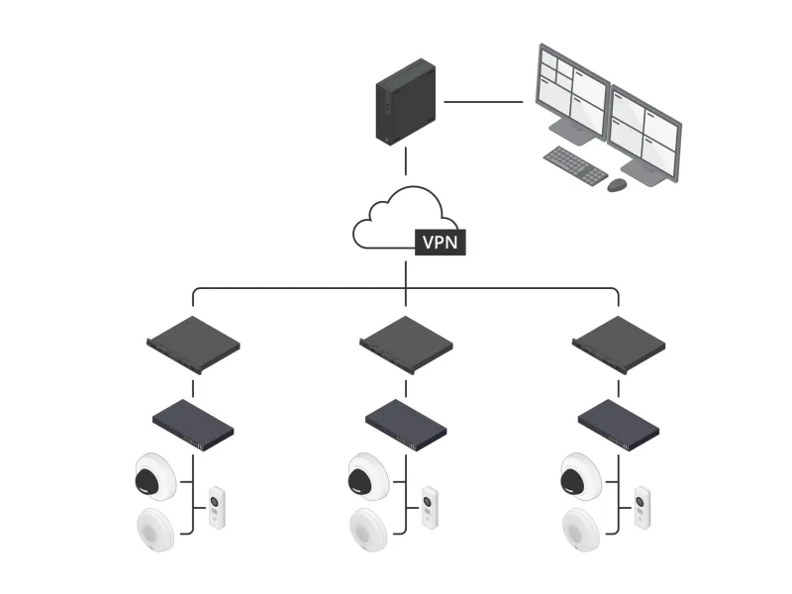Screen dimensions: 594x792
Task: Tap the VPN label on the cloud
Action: (x=440, y=242)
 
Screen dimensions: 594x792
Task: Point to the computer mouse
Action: (x=617, y=185)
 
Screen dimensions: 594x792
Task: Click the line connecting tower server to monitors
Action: (x=483, y=101)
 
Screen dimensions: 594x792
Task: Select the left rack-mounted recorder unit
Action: (x=193, y=345)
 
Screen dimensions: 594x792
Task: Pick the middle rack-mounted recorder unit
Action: (x=406, y=345)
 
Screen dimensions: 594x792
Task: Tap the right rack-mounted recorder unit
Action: (x=619, y=345)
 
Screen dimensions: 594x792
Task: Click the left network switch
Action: (x=193, y=425)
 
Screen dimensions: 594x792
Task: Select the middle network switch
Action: (x=406, y=425)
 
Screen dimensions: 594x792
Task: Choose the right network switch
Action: (x=619, y=425)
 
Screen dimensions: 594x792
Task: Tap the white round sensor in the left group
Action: (x=153, y=529)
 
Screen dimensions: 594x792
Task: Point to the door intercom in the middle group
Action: (x=430, y=508)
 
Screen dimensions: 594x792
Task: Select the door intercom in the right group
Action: (x=643, y=508)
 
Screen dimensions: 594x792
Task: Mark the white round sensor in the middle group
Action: (x=367, y=529)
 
